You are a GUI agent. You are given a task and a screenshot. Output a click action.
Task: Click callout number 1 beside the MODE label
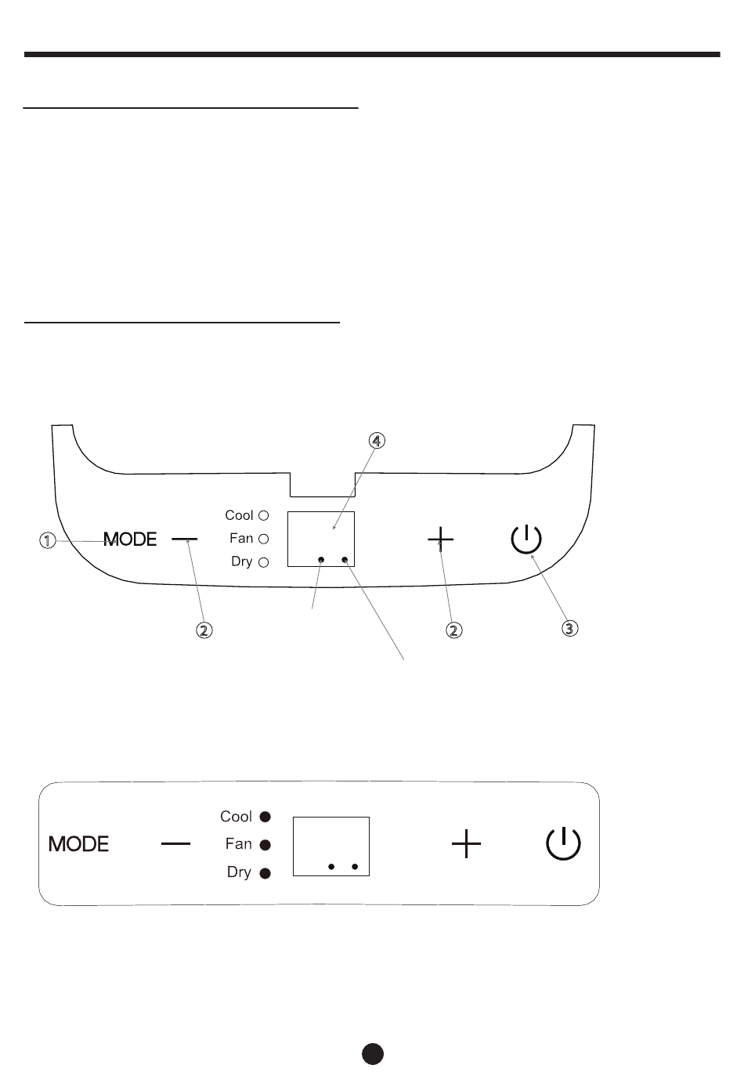49,540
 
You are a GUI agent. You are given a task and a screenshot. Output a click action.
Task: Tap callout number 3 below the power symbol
570,627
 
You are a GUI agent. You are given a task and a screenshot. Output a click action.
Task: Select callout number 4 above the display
377,441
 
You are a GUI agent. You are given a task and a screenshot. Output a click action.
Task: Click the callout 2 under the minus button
204,630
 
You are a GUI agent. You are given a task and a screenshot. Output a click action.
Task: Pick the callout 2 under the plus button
453,630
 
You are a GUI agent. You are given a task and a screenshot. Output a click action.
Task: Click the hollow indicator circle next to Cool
264,515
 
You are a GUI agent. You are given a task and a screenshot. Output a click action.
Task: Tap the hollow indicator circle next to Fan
264,539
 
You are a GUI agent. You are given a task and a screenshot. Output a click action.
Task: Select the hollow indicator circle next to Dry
264,561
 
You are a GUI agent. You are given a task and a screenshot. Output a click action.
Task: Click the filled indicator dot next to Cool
265,817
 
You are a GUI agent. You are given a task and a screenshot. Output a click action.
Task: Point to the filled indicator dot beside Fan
265,845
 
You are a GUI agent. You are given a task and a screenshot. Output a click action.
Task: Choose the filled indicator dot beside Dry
265,873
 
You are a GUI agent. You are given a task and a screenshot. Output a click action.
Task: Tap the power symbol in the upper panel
526,539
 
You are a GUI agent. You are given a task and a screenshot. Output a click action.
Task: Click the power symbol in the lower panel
563,844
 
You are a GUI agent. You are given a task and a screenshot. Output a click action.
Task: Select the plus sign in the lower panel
467,844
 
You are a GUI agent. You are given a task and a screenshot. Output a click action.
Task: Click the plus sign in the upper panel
441,539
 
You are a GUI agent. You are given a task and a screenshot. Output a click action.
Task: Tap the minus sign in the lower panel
175,843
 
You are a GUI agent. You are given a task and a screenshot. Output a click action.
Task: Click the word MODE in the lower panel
78,844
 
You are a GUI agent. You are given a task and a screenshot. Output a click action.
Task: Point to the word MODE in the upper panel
131,540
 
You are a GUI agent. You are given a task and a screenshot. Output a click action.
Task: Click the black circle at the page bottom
373,1053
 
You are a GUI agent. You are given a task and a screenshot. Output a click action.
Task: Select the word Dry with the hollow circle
241,561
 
